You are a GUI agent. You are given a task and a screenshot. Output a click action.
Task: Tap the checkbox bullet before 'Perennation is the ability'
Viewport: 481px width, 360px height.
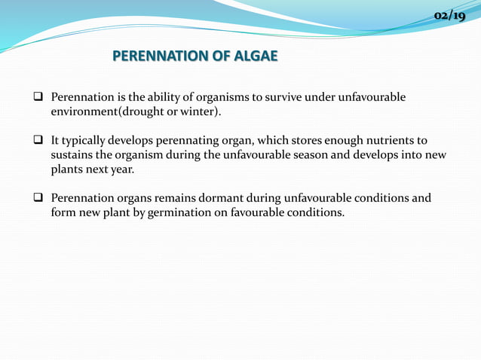37,98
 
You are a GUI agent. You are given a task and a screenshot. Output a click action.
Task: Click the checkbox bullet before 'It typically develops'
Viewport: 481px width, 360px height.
37,141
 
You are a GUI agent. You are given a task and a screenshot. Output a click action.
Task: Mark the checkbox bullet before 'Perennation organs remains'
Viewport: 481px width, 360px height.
37,199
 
